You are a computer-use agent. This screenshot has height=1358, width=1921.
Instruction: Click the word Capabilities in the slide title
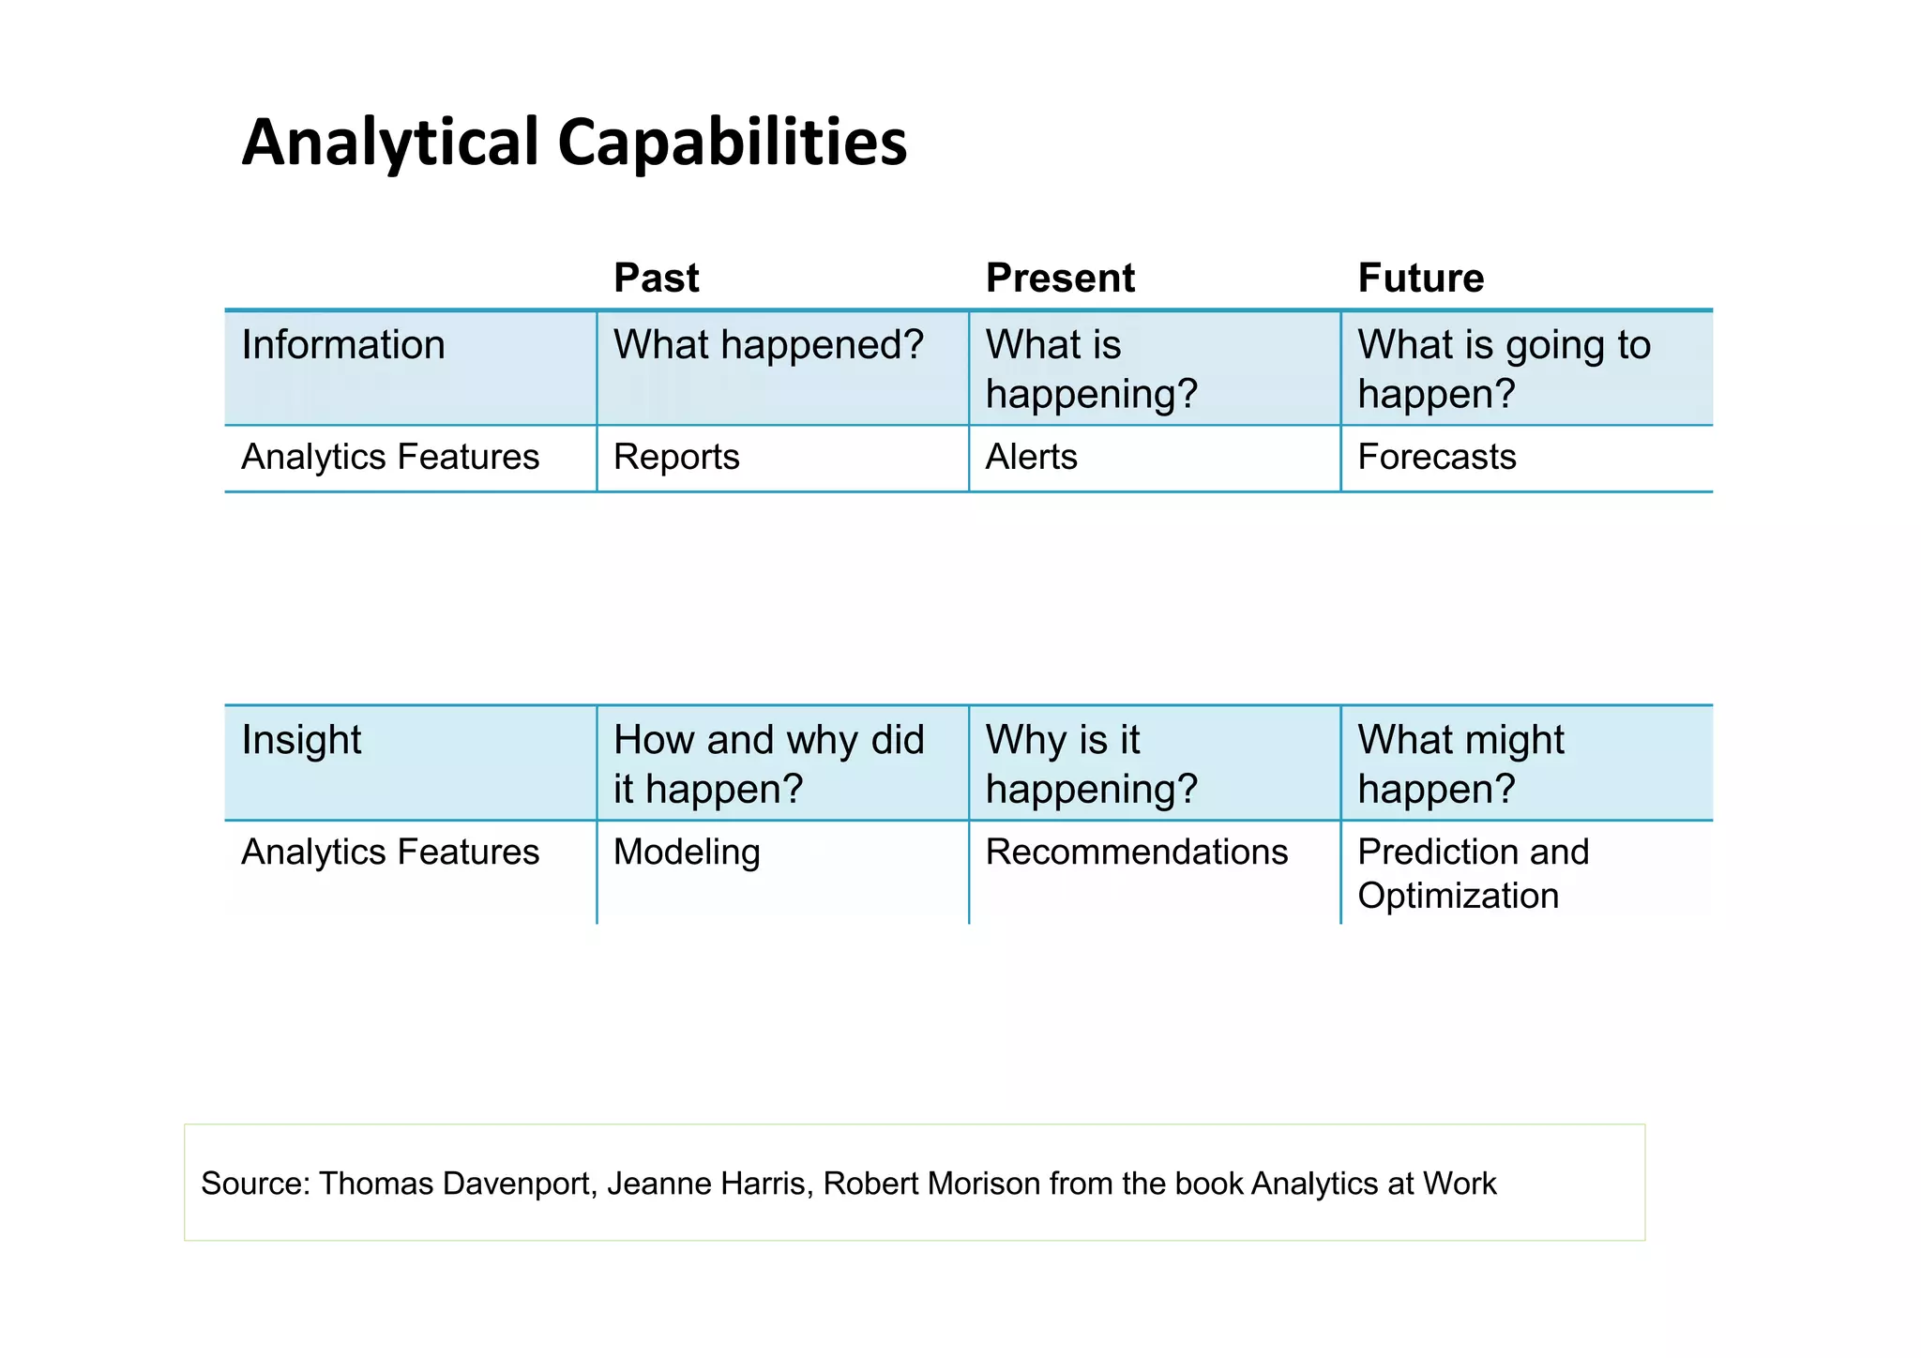732,143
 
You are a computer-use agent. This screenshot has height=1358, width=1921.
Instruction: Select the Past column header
656,279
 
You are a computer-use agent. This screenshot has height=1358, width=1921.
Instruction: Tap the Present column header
1060,279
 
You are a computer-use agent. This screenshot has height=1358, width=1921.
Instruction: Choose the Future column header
1420,279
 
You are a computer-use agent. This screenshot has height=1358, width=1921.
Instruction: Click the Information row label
343,345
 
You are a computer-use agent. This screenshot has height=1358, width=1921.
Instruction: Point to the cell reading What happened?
768,345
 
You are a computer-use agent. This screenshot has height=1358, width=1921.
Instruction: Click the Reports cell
676,458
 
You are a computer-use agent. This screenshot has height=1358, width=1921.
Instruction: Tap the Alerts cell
1031,458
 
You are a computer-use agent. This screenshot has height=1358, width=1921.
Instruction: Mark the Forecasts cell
1436,458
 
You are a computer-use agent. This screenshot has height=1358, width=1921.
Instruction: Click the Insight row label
301,740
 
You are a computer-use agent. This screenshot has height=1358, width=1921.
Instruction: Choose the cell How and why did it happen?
768,764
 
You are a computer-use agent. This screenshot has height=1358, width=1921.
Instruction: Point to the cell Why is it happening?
1091,764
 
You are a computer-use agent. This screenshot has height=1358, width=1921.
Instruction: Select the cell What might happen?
1460,764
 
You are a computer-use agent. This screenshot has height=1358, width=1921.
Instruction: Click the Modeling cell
687,853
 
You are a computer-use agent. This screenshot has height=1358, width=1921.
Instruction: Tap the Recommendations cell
1136,853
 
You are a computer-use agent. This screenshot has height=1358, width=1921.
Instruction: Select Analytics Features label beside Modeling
390,853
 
